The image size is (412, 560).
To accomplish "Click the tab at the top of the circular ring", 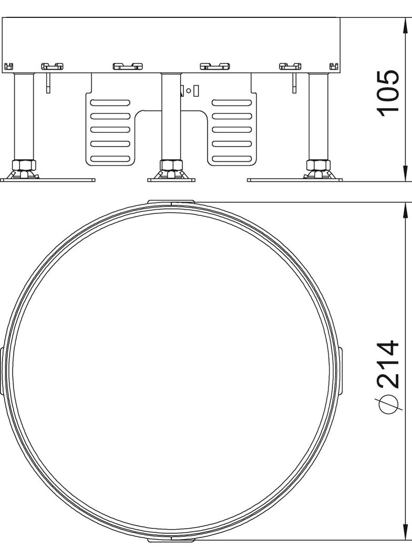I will (171, 202).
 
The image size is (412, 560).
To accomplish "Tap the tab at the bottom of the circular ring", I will (171, 539).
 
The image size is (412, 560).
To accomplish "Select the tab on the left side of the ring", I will (3, 370).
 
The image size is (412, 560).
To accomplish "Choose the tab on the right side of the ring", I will (341, 370).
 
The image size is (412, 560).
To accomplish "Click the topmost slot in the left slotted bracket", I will (110, 102).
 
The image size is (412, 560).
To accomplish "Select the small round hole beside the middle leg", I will (189, 90).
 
